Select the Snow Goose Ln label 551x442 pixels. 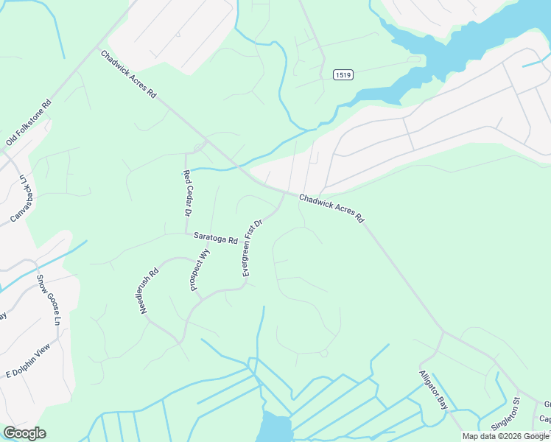click(x=49, y=301)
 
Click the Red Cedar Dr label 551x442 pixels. click(x=187, y=192)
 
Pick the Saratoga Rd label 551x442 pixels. click(x=216, y=239)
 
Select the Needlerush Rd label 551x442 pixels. click(x=150, y=292)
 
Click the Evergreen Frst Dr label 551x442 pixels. click(x=252, y=248)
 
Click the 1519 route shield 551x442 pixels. click(x=342, y=74)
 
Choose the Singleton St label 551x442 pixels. click(x=516, y=415)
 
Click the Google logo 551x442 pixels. click(x=24, y=433)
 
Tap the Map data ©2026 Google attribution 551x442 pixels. click(x=506, y=436)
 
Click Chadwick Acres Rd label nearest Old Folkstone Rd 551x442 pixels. click(x=129, y=74)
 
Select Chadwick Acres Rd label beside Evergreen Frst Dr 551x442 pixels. click(x=331, y=208)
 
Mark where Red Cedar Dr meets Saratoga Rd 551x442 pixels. click(x=186, y=234)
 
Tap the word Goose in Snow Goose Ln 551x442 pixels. click(x=50, y=299)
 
